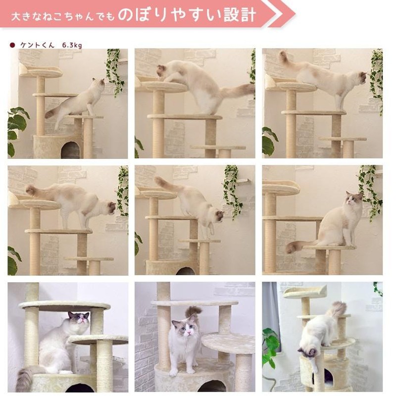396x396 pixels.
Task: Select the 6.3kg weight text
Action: tap(72, 45)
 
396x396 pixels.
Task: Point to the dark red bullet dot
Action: tap(12, 45)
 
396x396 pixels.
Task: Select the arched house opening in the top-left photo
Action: tap(70, 149)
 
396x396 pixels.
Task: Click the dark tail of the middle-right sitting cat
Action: tap(296, 246)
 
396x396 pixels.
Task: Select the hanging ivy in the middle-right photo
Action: tap(370, 191)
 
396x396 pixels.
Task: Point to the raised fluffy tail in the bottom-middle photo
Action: tap(194, 312)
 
